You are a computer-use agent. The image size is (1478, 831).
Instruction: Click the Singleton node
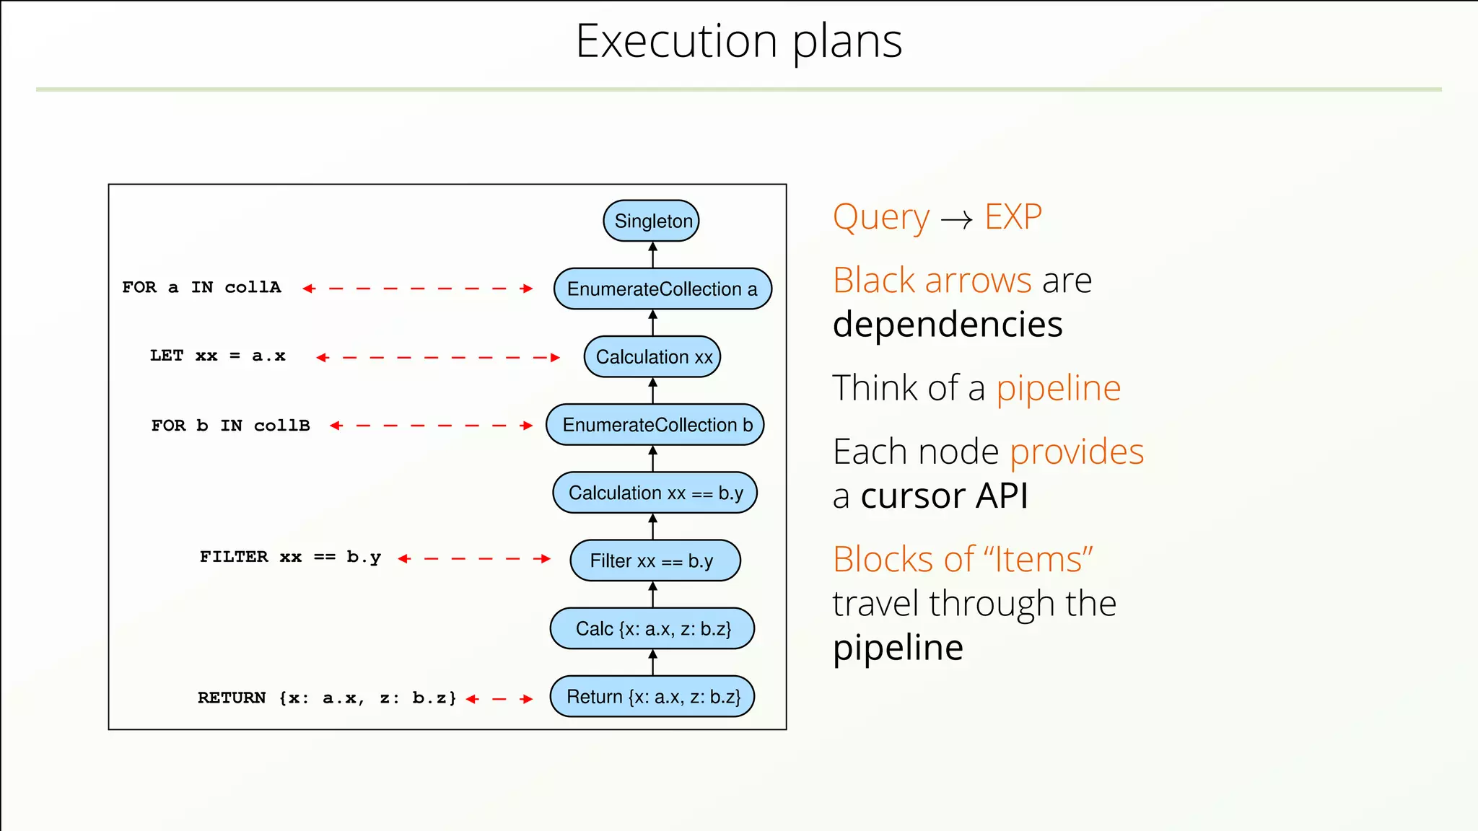click(651, 221)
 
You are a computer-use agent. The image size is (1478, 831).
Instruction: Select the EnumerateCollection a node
click(662, 289)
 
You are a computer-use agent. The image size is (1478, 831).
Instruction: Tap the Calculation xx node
click(652, 357)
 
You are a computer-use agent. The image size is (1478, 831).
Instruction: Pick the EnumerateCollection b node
click(655, 425)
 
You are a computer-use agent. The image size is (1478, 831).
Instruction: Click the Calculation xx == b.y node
click(655, 493)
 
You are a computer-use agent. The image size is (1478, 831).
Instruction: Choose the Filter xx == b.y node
click(655, 560)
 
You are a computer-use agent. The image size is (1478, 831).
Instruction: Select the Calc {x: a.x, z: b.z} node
click(652, 628)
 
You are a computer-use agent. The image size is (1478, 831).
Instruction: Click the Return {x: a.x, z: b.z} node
click(652, 697)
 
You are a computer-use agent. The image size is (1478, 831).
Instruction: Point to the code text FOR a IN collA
click(201, 287)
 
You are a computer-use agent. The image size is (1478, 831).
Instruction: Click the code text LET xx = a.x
click(217, 356)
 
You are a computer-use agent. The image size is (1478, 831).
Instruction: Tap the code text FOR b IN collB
click(230, 426)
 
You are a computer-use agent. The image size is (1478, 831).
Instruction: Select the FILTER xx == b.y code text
click(290, 557)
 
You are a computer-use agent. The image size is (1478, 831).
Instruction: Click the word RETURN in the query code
click(232, 698)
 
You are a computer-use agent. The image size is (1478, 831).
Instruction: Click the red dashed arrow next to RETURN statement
click(499, 699)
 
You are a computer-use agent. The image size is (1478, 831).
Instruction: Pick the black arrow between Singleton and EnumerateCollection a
click(652, 255)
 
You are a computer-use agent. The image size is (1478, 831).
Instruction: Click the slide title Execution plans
click(738, 41)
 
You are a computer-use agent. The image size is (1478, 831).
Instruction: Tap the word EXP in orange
click(1013, 216)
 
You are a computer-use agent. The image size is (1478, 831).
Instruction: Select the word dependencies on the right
click(947, 325)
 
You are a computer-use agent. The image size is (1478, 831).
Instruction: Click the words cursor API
click(944, 496)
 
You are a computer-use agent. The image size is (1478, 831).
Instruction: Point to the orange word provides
click(1076, 452)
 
